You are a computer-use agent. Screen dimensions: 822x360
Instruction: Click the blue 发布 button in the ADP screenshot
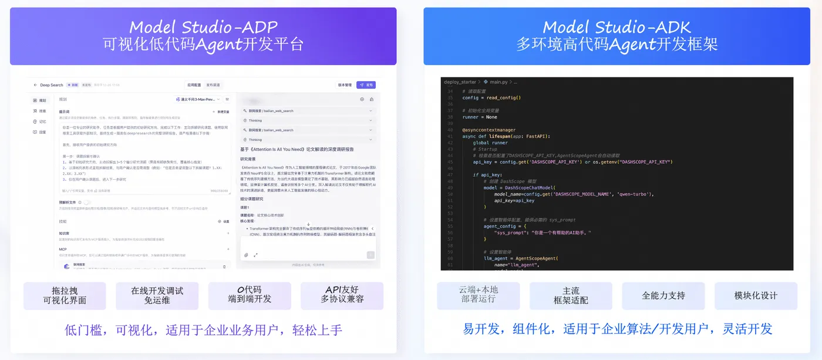coord(366,85)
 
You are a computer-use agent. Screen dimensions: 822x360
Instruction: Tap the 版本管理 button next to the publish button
coord(345,85)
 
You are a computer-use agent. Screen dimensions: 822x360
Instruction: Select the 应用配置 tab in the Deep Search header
coord(194,85)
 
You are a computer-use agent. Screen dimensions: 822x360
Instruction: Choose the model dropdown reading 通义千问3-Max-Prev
coord(198,99)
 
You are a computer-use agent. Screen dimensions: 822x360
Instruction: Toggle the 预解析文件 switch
coord(87,202)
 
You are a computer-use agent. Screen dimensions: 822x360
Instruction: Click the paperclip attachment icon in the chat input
coord(246,255)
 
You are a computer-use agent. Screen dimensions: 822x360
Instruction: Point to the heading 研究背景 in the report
coord(247,159)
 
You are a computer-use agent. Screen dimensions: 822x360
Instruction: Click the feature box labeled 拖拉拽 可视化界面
coord(65,295)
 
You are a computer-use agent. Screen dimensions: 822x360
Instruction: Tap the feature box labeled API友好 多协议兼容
coord(342,295)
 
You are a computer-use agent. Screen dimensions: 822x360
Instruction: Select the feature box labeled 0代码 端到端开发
coord(250,295)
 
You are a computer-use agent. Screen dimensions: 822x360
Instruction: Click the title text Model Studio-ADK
coord(616,27)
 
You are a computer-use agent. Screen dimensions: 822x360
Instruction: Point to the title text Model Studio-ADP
coord(203,27)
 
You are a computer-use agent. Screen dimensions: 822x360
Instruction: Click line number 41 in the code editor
coord(450,136)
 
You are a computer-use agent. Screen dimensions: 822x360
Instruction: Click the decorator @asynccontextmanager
coord(489,130)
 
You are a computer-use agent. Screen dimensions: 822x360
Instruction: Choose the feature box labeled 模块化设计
coord(756,295)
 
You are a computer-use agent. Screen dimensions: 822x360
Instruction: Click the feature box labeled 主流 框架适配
coord(571,295)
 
